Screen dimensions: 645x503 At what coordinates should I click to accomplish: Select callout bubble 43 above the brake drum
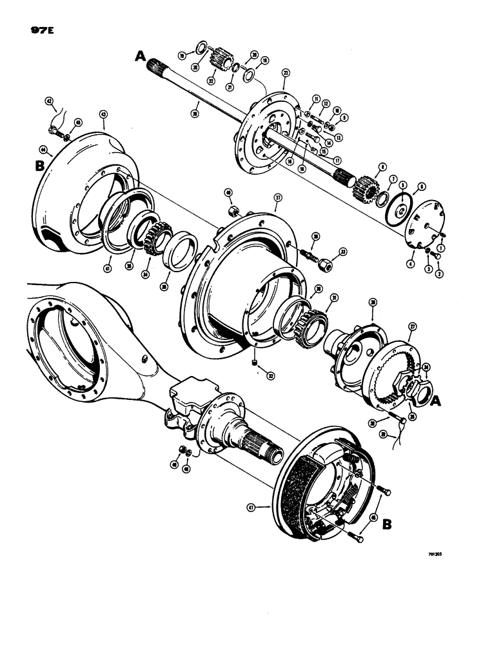[x=103, y=114]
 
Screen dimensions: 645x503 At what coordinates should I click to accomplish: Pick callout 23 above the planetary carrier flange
[x=284, y=75]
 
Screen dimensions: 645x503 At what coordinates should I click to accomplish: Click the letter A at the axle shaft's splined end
[x=140, y=57]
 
